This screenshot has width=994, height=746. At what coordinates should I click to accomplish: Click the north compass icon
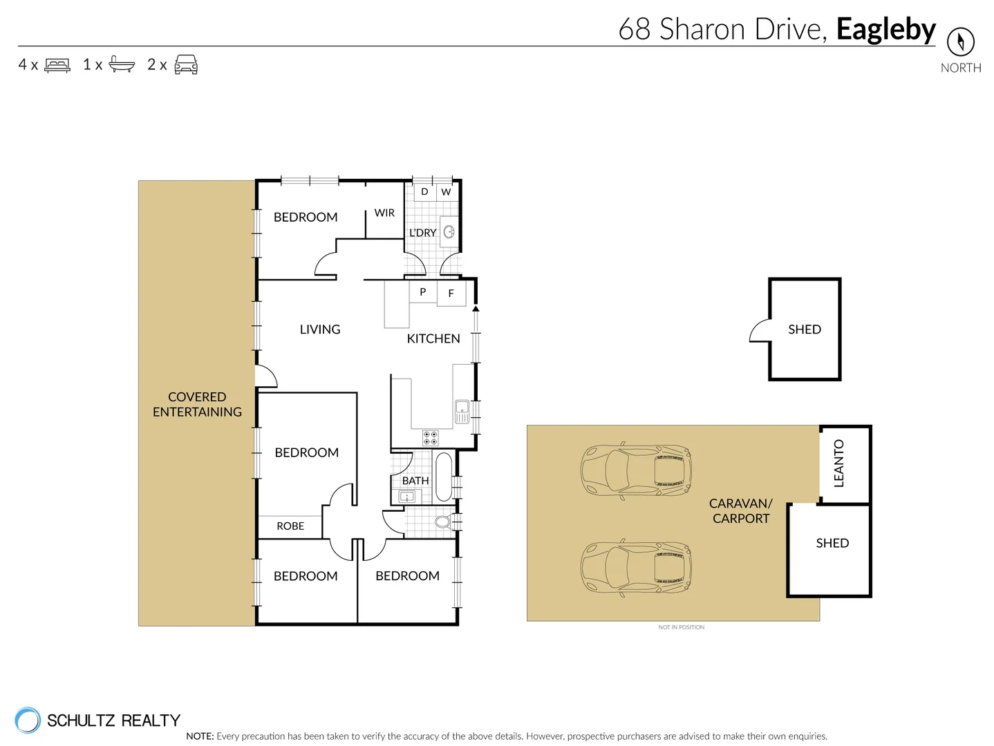pyautogui.click(x=960, y=41)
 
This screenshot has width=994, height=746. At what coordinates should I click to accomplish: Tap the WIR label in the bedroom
pyautogui.click(x=384, y=213)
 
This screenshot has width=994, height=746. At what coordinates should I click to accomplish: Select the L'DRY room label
pyautogui.click(x=422, y=233)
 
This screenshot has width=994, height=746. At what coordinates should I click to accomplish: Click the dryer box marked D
pyautogui.click(x=424, y=192)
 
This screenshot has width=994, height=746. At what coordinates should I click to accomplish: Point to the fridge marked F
pyautogui.click(x=451, y=293)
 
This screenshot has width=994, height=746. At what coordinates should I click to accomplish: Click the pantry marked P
pyautogui.click(x=423, y=291)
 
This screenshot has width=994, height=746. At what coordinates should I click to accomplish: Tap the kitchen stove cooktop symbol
pyautogui.click(x=430, y=437)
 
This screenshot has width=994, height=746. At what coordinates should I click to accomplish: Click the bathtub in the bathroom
pyautogui.click(x=444, y=477)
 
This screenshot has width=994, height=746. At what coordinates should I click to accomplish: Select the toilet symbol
pyautogui.click(x=444, y=522)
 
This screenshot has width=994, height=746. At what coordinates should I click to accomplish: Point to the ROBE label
pyautogui.click(x=290, y=526)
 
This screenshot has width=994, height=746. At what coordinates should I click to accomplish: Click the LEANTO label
pyautogui.click(x=839, y=463)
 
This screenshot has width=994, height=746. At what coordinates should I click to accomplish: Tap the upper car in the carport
pyautogui.click(x=636, y=470)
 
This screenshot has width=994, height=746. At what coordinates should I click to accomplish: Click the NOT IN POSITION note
pyautogui.click(x=681, y=627)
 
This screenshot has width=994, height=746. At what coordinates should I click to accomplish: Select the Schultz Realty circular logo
pyautogui.click(x=28, y=720)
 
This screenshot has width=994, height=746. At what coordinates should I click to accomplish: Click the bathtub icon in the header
pyautogui.click(x=122, y=64)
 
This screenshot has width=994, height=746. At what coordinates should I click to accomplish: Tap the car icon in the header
pyautogui.click(x=186, y=64)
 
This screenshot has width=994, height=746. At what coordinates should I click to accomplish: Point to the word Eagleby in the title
pyautogui.click(x=885, y=30)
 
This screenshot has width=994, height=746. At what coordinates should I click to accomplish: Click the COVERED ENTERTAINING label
pyautogui.click(x=197, y=405)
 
